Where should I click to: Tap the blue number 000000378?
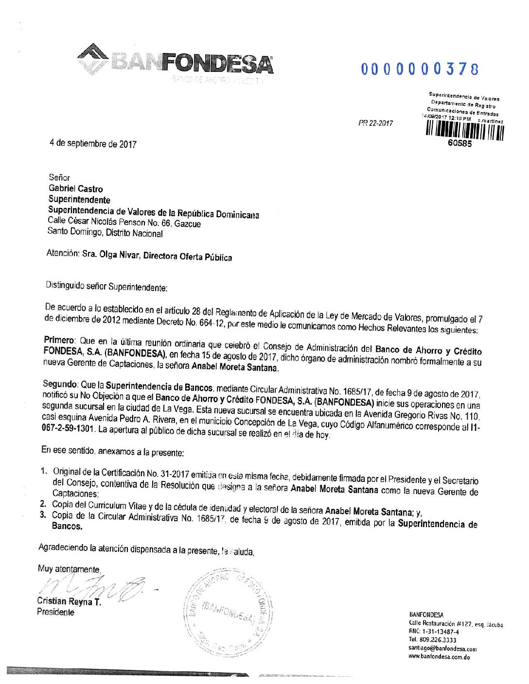[x=420, y=69]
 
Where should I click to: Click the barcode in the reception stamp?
[x=464, y=131]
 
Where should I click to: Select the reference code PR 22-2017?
[x=375, y=123]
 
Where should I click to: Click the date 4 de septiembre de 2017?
[x=93, y=144]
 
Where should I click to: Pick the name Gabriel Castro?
[x=75, y=188]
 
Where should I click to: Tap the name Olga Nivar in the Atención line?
[x=118, y=255]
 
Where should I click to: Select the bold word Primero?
[x=59, y=340]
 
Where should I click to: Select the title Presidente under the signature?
[x=55, y=612]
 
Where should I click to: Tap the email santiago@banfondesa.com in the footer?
[x=442, y=648]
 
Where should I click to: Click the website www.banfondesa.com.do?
[x=439, y=656]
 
